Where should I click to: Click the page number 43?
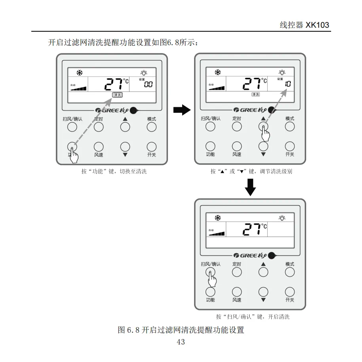click(x=181, y=342)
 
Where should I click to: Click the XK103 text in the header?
click(x=317, y=25)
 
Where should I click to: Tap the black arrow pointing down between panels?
click(x=250, y=187)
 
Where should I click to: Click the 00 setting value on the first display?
click(x=148, y=84)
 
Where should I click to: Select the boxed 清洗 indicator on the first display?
click(x=117, y=95)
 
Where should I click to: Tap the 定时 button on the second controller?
click(x=237, y=127)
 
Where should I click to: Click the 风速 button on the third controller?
click(x=237, y=292)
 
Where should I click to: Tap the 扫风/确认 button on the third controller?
click(x=210, y=272)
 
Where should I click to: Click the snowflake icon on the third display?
click(x=217, y=218)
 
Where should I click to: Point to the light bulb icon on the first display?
click(x=144, y=72)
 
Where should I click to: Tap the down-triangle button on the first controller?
click(x=125, y=146)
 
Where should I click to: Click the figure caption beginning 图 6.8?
click(x=181, y=330)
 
